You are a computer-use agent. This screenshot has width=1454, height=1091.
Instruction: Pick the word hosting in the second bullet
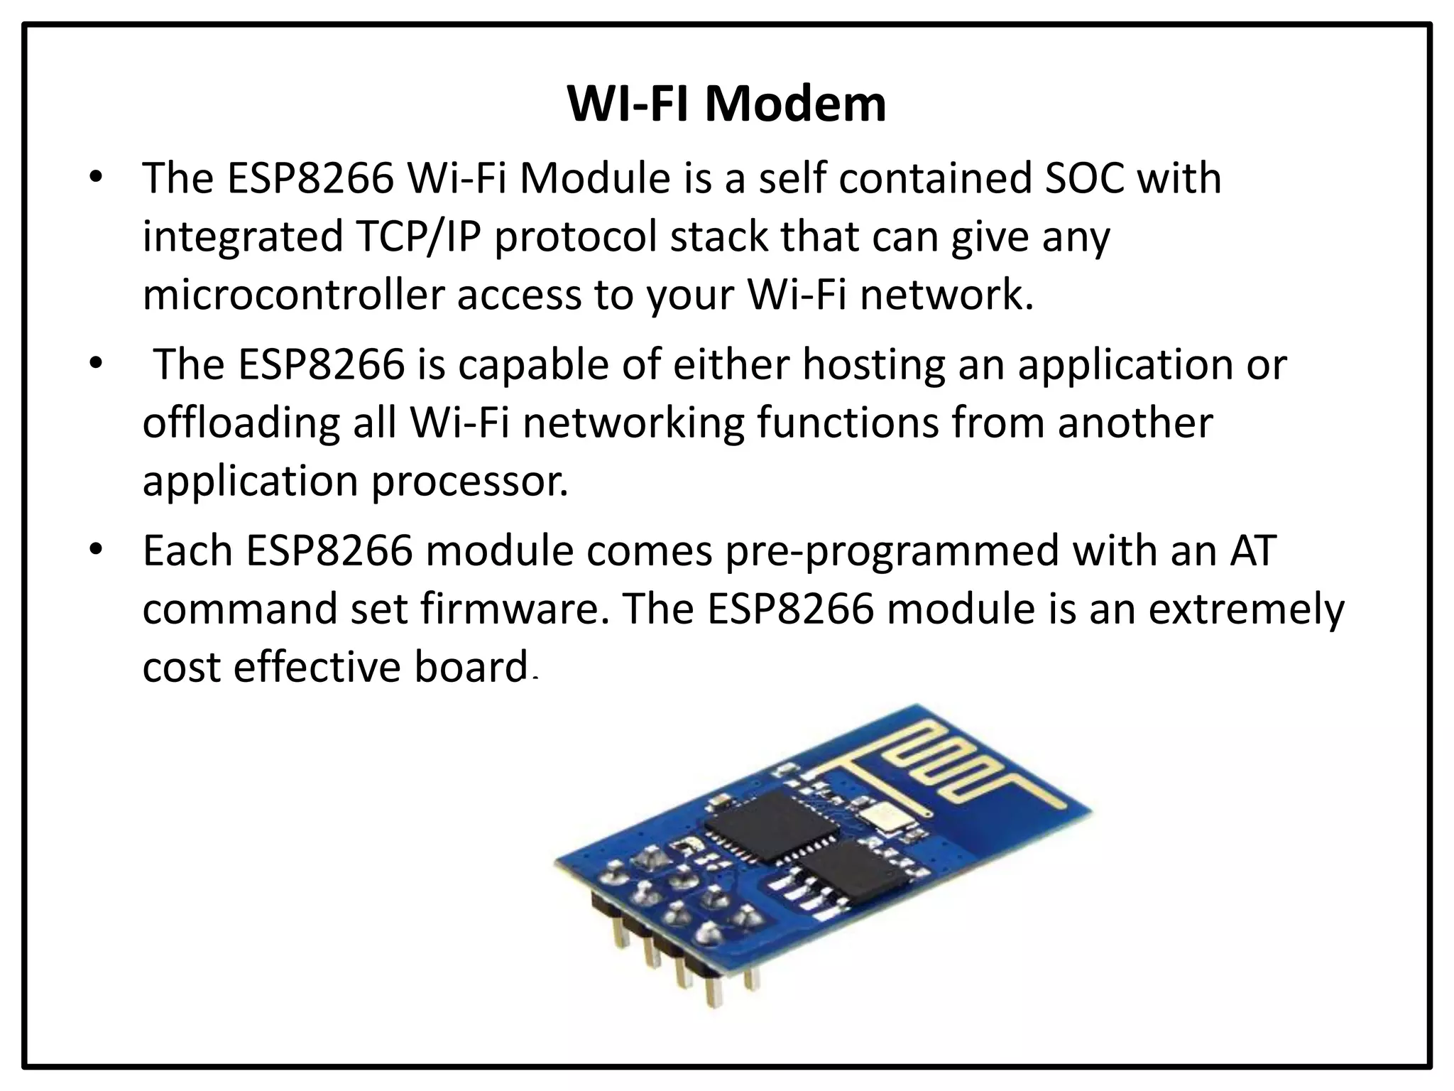pos(874,364)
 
